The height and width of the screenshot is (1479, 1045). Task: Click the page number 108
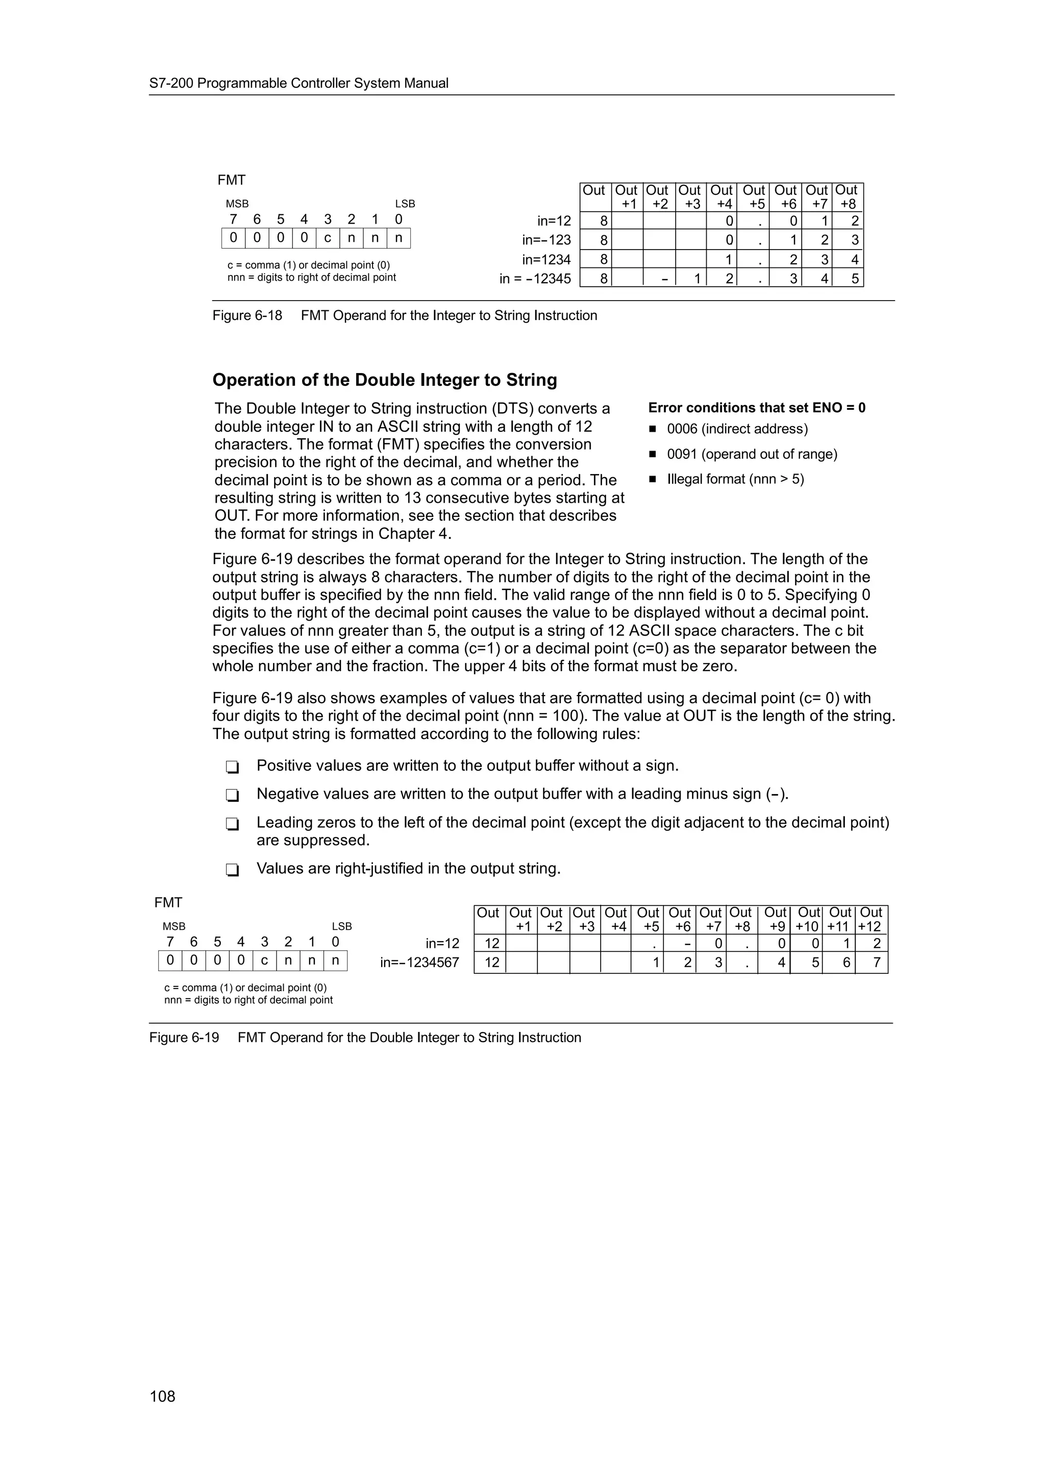coord(162,1396)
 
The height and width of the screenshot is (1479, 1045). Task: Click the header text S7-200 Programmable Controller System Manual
coord(299,83)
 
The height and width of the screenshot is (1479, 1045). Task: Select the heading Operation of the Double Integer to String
coord(384,380)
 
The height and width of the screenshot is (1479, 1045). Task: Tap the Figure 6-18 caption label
coord(247,315)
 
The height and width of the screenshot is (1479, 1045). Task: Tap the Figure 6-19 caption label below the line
coord(184,1038)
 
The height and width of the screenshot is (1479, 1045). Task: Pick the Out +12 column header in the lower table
coord(870,919)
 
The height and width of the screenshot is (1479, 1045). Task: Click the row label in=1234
coord(546,260)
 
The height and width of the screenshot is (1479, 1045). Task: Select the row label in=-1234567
coord(420,963)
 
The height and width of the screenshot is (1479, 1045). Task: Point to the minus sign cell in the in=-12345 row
coord(664,280)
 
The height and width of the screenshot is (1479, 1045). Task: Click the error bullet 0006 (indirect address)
coord(737,429)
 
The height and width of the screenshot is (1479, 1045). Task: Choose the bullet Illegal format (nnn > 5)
coord(735,479)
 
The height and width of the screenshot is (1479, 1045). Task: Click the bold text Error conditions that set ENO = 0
coord(757,408)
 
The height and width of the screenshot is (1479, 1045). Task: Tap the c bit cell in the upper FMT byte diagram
coord(328,238)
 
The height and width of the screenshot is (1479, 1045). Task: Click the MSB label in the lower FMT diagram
coord(174,926)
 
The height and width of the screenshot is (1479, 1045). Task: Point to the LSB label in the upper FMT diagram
coord(405,204)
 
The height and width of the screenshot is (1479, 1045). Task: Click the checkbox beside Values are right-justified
coord(233,870)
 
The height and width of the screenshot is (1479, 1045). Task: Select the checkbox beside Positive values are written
coord(233,767)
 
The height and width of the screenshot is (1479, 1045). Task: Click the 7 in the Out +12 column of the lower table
coord(876,963)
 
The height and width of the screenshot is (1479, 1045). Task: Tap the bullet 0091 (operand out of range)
coord(752,454)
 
